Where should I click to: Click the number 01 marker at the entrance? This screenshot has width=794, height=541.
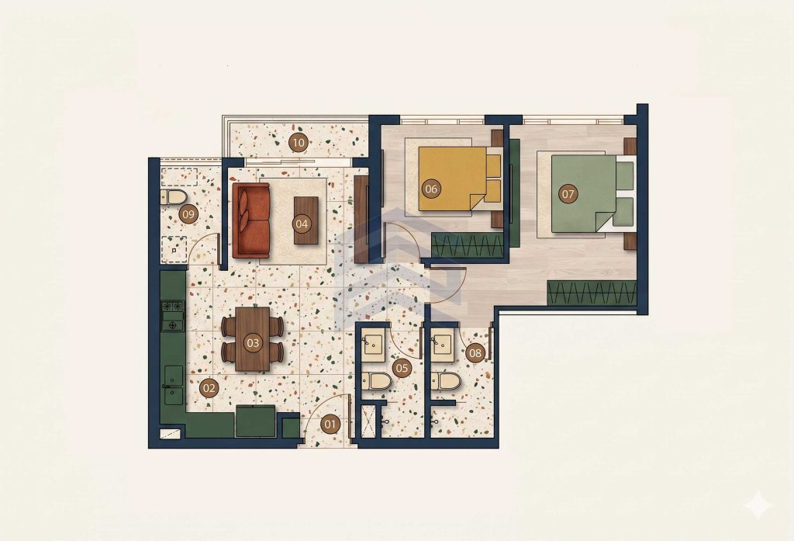point(330,424)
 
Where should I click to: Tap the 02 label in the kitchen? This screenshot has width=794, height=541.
point(209,389)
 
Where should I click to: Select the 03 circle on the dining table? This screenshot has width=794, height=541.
point(253,343)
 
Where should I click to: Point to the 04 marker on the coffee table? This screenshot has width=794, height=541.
point(302,224)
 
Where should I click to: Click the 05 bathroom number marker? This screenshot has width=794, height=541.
point(402,368)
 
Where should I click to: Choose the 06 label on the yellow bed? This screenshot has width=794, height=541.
point(431,189)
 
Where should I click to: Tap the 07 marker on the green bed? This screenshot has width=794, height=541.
point(568,194)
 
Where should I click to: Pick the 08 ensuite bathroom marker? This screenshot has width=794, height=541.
point(475,353)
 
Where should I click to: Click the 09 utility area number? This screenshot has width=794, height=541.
point(188,214)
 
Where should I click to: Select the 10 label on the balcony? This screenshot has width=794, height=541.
point(299,143)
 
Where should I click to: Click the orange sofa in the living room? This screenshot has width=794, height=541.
point(251,220)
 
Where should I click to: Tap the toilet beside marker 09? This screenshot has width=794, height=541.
point(174,197)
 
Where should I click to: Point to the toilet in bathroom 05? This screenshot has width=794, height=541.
point(376,381)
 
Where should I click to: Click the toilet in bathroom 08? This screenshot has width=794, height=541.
point(446,381)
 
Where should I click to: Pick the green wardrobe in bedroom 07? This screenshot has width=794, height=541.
point(592,292)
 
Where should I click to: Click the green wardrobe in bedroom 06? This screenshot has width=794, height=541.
point(468,245)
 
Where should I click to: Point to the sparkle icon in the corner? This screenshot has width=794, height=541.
point(758,505)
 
